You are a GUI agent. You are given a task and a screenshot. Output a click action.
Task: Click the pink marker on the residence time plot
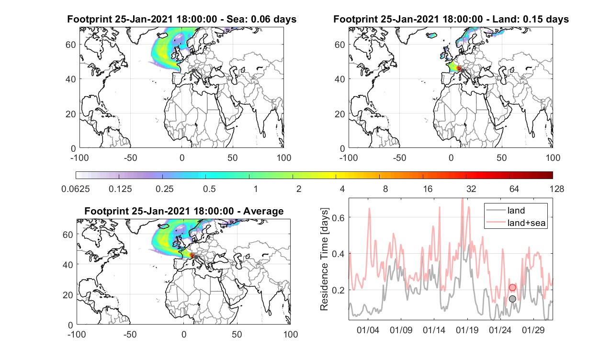512,287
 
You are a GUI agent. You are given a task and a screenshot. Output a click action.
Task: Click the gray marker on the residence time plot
512,299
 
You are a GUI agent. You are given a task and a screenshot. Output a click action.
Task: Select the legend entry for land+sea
516,223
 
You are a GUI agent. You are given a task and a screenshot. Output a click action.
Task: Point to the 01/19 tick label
467,330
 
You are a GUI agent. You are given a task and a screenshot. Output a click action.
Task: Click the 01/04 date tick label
368,330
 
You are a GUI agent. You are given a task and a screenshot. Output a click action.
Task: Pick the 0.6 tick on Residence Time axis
338,217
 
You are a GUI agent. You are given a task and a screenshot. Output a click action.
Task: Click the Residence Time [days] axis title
324,259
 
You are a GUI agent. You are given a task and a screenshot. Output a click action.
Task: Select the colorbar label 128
557,189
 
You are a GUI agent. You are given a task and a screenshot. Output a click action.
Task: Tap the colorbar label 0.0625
76,189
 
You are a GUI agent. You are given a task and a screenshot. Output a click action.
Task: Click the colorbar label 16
428,189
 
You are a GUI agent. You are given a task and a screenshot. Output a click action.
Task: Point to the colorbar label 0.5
209,189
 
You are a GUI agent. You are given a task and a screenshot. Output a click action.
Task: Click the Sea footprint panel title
181,19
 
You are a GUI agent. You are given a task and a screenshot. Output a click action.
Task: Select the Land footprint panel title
451,19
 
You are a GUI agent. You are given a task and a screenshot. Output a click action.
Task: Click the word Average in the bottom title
263,211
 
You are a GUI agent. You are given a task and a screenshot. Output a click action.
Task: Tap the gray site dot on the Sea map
193,71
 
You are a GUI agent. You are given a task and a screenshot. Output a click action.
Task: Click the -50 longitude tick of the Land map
400,157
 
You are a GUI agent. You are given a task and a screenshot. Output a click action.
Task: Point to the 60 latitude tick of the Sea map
70,45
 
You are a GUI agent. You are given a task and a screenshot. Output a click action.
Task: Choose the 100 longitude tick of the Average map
291,334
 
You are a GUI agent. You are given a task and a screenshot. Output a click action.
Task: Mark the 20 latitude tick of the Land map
339,114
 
